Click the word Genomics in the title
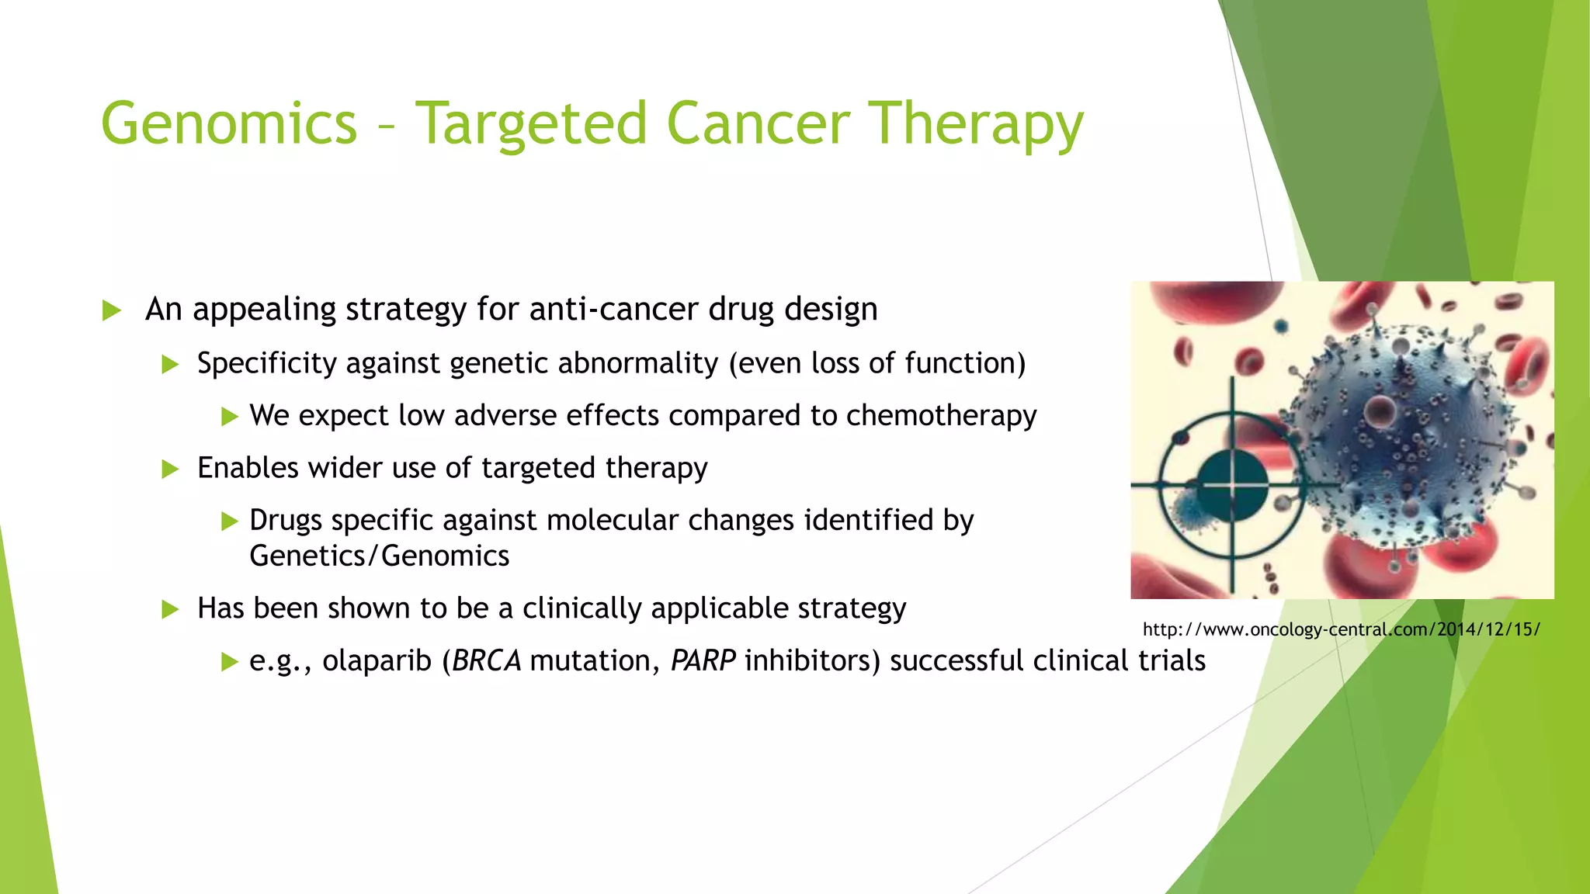pos(229,124)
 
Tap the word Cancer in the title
pos(758,124)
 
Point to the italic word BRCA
pos(486,661)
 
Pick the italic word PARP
pos(703,661)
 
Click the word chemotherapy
pos(941,416)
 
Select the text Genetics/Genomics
pos(379,556)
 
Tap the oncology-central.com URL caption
pos(1341,629)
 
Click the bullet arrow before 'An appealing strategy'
pos(112,311)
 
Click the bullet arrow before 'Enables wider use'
pos(170,469)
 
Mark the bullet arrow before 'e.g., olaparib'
pos(228,662)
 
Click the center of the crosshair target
pos(1233,486)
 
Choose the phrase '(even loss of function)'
pos(877,364)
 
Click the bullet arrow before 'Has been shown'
pos(170,609)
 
